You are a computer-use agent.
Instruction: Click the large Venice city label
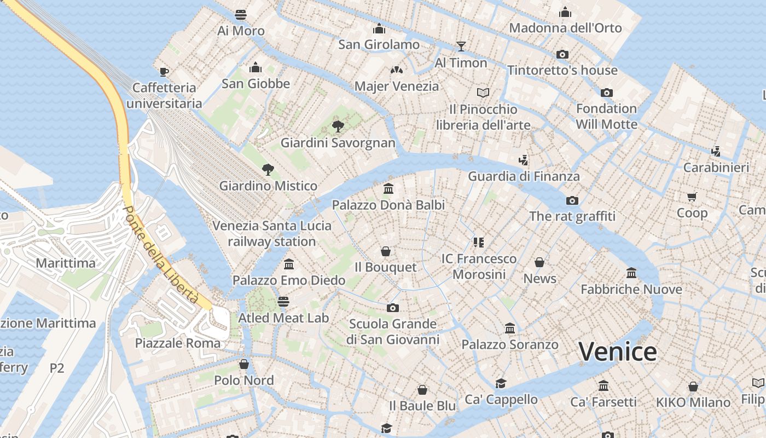pos(618,351)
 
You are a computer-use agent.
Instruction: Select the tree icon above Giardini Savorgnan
pos(338,126)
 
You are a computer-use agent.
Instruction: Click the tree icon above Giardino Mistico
pos(268,169)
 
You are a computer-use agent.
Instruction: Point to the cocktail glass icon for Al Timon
pos(461,46)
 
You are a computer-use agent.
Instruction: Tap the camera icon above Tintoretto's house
pos(562,54)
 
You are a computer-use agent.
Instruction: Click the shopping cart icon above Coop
pos(692,197)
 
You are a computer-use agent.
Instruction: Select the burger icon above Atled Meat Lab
pos(283,301)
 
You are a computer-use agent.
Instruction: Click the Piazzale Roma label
pos(178,343)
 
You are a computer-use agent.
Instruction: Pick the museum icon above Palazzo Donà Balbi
pos(388,189)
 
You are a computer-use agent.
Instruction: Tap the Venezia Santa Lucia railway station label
pos(272,233)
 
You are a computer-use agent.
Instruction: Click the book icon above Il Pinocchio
pos(483,93)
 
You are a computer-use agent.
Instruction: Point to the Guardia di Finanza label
pos(524,176)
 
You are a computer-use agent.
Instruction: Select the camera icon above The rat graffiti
pos(572,200)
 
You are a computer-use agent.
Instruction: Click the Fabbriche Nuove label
pos(631,289)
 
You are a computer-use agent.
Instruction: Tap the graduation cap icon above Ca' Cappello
pos(501,383)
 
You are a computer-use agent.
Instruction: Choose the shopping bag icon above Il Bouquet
pos(386,251)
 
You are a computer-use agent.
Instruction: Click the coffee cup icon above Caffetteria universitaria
pos(164,71)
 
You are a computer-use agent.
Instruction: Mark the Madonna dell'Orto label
pos(566,28)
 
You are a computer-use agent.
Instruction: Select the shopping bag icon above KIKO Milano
pos(693,387)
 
